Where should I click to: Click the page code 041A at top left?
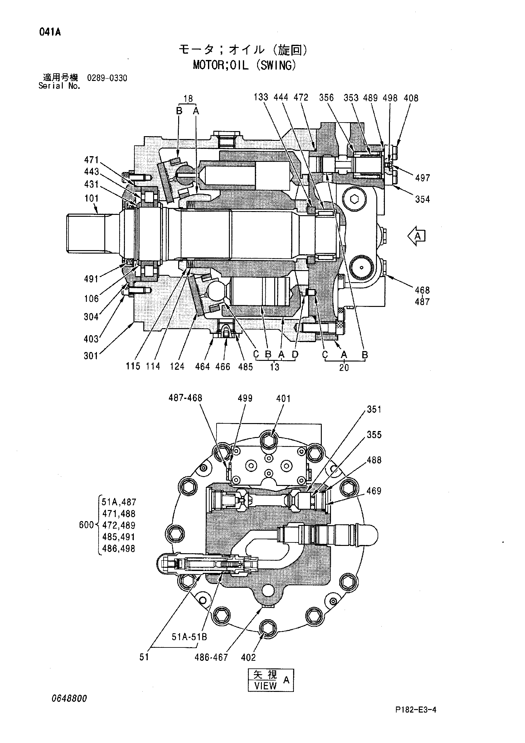(50, 32)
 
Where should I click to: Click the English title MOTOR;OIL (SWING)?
(244, 65)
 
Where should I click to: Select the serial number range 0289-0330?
(107, 78)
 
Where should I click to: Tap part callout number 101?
(92, 198)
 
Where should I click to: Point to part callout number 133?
(261, 97)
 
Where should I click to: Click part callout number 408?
(411, 98)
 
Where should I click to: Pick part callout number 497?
(423, 178)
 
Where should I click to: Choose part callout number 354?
(423, 199)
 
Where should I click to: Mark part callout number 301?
(91, 356)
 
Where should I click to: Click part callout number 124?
(177, 366)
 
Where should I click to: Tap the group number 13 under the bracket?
(275, 367)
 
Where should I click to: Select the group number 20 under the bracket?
(344, 368)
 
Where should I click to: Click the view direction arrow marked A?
(416, 236)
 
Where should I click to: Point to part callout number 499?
(245, 398)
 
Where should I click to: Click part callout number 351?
(374, 409)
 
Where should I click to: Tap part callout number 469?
(374, 491)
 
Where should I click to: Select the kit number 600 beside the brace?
(86, 525)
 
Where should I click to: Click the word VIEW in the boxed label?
(265, 686)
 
